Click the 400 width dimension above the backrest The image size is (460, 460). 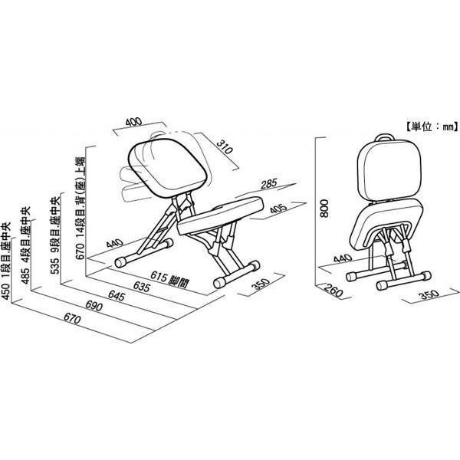pos(133,122)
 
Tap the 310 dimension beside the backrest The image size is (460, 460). pos(225,147)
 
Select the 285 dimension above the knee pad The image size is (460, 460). pos(269,184)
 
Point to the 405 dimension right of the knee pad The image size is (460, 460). pos(278,209)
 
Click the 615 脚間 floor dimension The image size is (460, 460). pos(169,280)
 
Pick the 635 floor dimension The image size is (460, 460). pos(142,287)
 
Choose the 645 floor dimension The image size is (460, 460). pos(117,296)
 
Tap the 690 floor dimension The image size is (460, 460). pos(94,306)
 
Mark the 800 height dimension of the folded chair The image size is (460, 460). pos(324,209)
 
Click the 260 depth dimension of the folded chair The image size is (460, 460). pos(333,291)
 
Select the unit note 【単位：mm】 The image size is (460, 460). pos(432,127)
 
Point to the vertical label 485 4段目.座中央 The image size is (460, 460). pos(26,245)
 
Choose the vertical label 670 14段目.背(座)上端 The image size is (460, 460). pos(80,209)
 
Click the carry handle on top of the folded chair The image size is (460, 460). pos(384,136)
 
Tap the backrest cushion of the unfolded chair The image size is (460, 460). pos(169,167)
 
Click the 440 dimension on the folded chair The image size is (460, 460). pos(343,259)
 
